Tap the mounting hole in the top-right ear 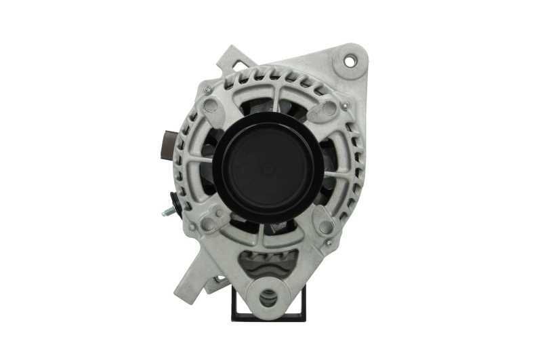point(350,61)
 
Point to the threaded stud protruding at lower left point(167,212)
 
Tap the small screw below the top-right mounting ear point(345,106)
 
